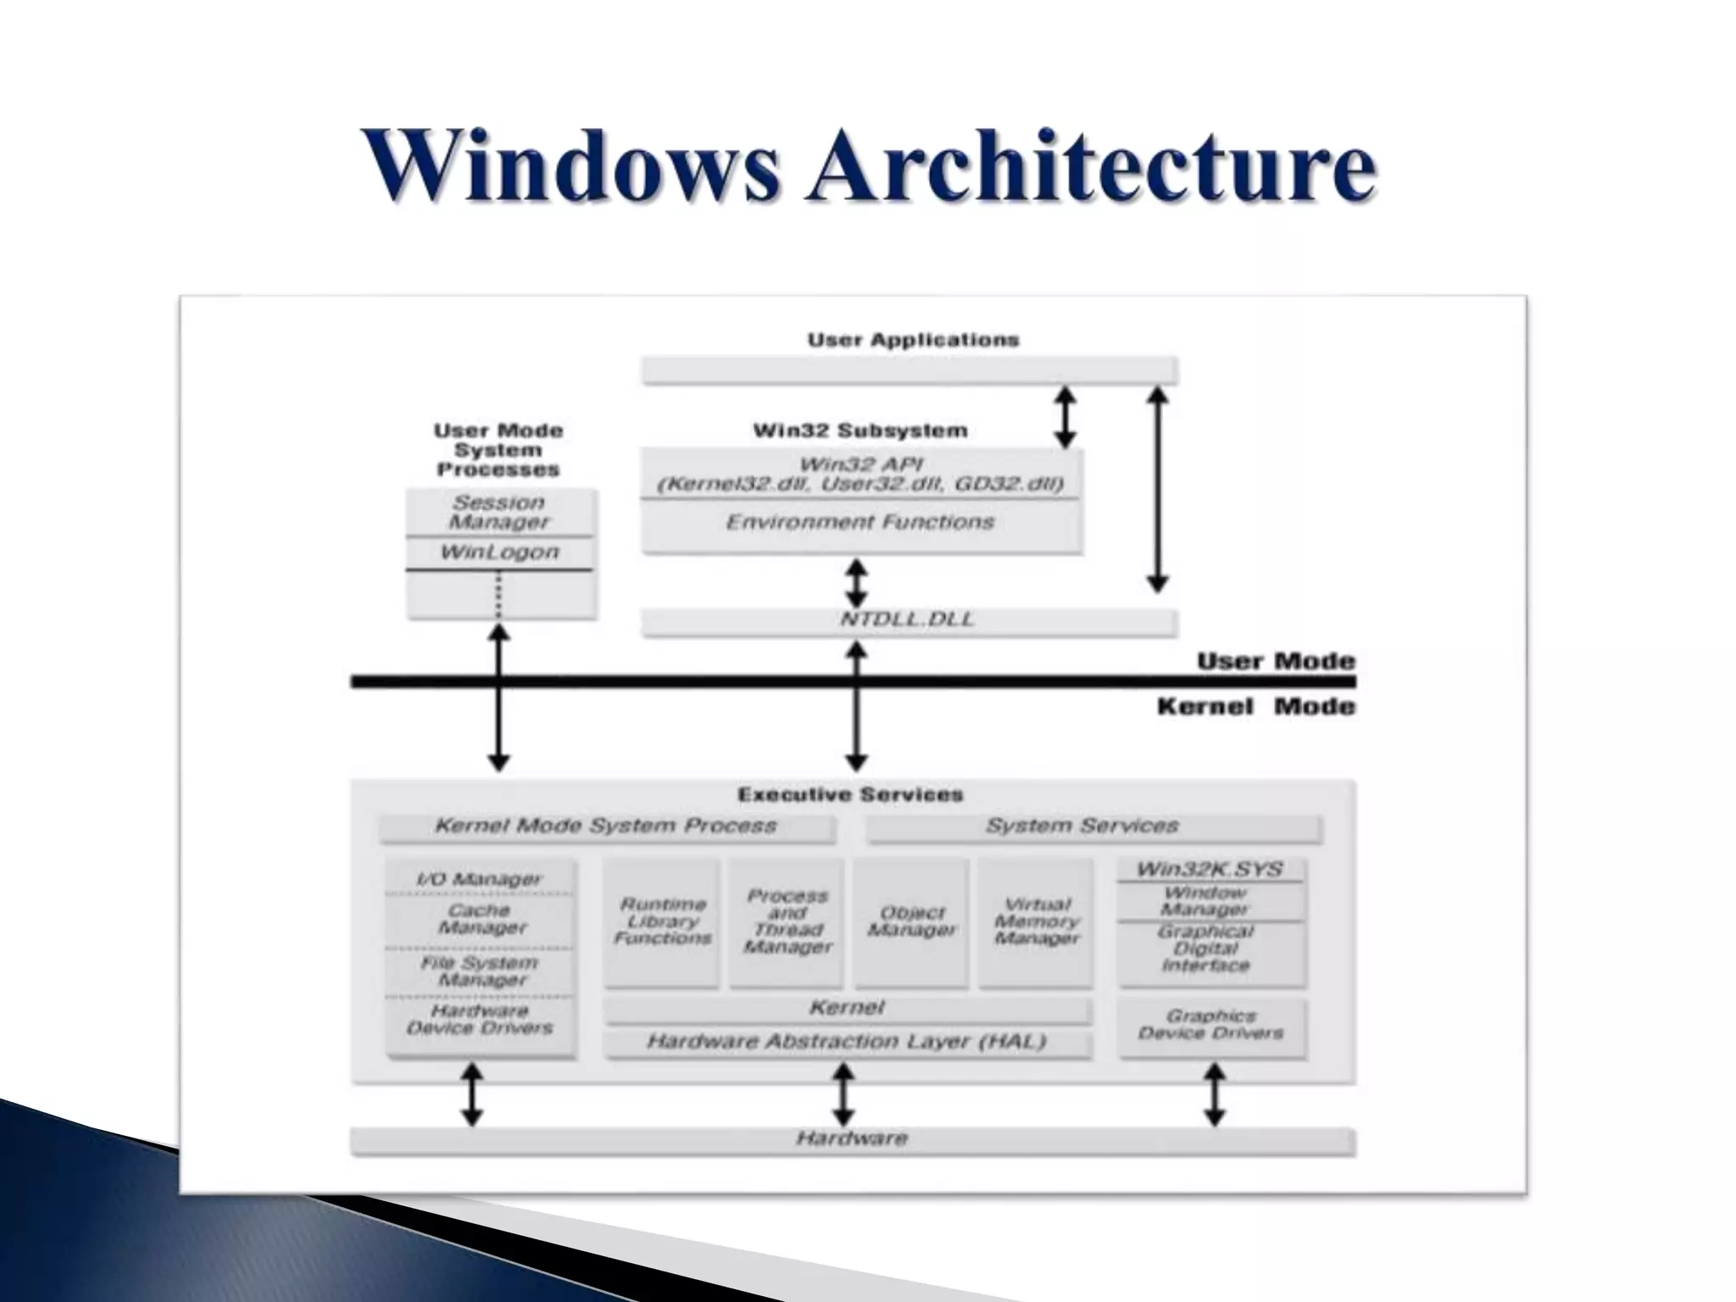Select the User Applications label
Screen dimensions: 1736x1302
point(912,340)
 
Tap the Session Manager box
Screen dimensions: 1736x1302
point(499,513)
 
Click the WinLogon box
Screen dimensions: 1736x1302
point(499,553)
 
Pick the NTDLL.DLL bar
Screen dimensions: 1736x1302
point(908,620)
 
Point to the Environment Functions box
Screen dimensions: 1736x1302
point(860,523)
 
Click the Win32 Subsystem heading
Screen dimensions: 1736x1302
point(860,431)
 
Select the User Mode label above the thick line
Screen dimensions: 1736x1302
point(1275,661)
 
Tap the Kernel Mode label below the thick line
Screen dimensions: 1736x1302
point(1255,707)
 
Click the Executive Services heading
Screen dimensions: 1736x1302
point(850,794)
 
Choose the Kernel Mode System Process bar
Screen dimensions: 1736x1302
point(605,826)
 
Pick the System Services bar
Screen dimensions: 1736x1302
point(1082,826)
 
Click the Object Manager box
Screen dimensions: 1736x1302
point(911,922)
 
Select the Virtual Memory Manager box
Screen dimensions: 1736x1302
point(1036,922)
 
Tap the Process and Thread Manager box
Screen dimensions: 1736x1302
point(787,922)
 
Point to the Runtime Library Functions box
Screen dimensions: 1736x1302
point(662,922)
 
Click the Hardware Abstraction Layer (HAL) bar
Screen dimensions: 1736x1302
point(847,1042)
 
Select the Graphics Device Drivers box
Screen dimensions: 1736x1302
point(1210,1025)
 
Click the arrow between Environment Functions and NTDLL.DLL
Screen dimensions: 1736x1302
point(857,582)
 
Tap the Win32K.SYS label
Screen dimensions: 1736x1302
point(1210,870)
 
